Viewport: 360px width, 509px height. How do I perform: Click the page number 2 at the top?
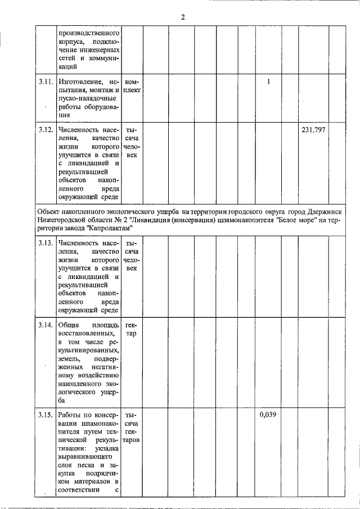coord(183,16)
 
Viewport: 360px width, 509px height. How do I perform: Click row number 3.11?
coord(46,83)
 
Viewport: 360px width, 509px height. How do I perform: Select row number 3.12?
coord(46,130)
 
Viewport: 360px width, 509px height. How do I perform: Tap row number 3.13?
coord(46,243)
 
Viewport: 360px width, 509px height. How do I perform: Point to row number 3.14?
coord(46,326)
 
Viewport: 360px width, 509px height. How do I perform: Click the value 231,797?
coord(313,130)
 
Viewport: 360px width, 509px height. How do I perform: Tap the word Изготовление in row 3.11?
coord(79,83)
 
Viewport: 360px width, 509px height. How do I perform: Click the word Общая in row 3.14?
coord(69,326)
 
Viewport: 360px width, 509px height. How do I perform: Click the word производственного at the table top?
coord(88,33)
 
